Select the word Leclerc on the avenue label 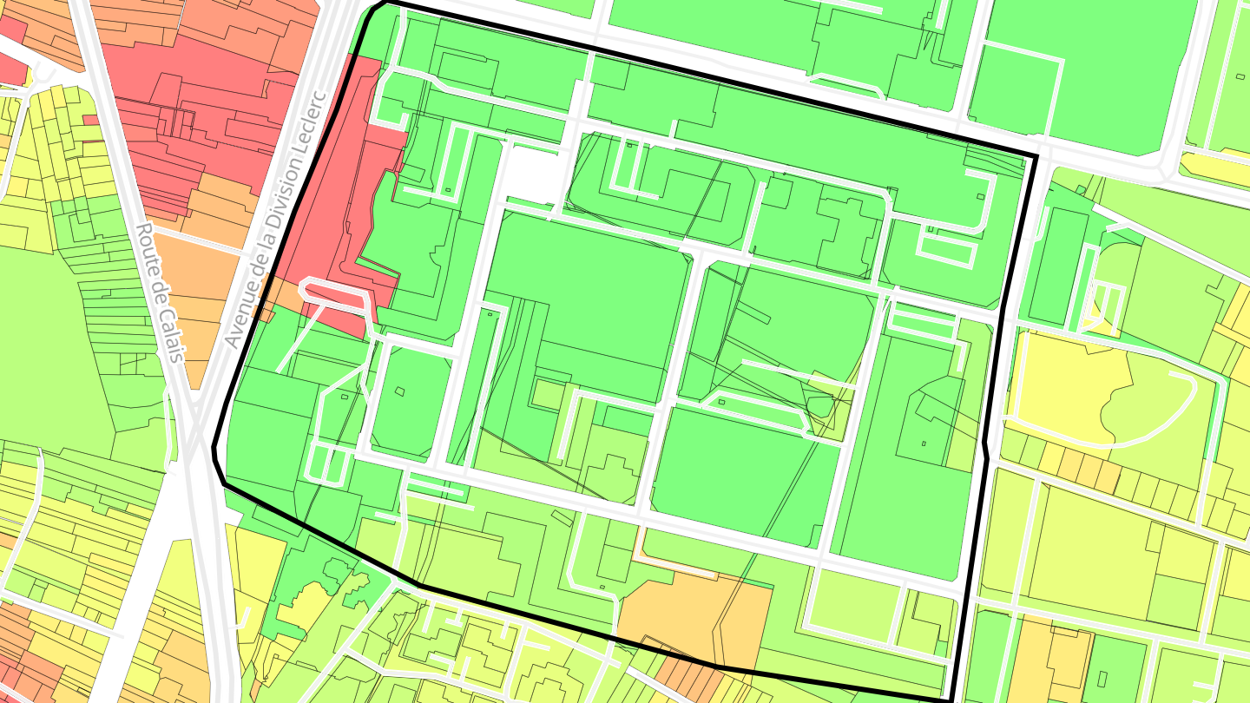click(311, 125)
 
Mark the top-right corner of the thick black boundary click(1036, 157)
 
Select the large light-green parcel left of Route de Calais click(52, 347)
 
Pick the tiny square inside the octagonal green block click(399, 391)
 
